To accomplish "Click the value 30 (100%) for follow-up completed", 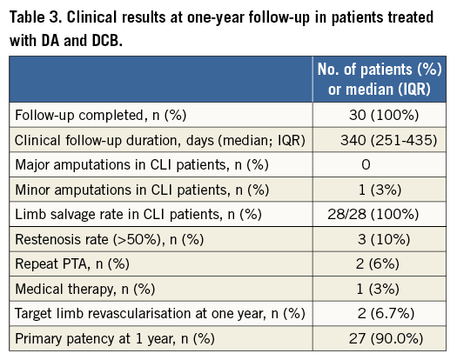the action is [384, 115].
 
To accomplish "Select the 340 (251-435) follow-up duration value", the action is [389, 140].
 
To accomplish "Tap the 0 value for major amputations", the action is [366, 165].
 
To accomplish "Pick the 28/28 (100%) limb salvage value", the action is [373, 215].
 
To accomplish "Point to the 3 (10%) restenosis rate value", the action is [384, 239].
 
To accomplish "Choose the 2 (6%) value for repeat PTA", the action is [378, 264].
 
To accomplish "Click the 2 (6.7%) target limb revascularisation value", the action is [386, 314].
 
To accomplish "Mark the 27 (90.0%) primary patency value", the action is [386, 339].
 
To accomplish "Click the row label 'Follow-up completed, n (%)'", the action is [101, 116].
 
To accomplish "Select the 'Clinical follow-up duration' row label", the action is [160, 140].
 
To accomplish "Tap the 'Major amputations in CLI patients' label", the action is [142, 165].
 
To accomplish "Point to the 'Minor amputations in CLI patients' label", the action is [142, 190].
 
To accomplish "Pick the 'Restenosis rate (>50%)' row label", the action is [110, 240].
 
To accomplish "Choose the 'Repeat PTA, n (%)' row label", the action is [72, 264].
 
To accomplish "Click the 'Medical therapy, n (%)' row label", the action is [84, 290].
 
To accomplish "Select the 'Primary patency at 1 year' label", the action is [115, 339].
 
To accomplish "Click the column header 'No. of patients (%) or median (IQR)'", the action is [380, 79].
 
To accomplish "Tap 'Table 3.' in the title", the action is [35, 17].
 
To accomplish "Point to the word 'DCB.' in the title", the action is [107, 40].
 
